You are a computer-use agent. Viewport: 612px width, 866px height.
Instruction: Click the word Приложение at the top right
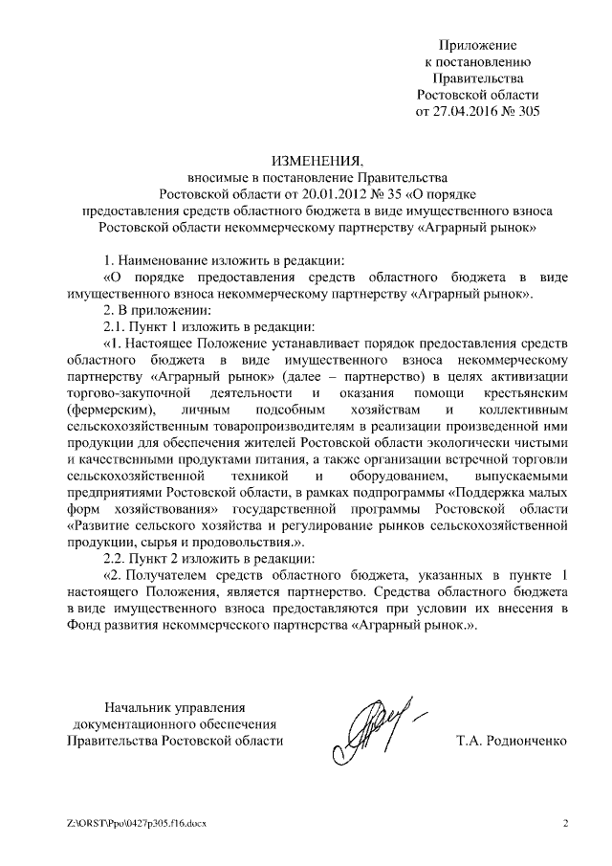(x=478, y=45)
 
